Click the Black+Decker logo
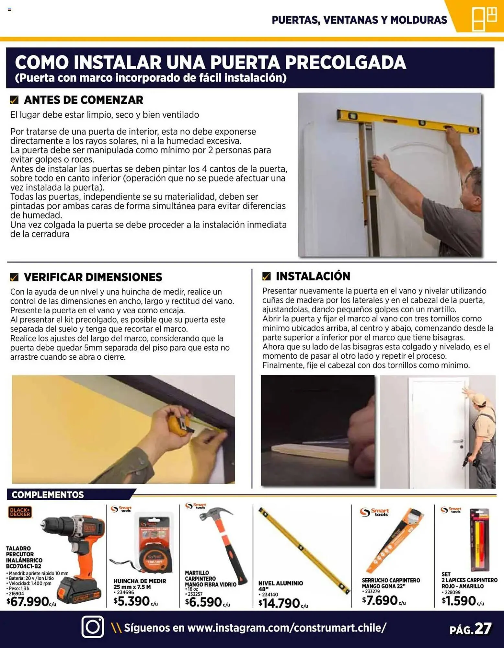[20, 512]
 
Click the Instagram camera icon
[93, 627]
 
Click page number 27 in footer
[483, 629]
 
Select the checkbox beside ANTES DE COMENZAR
[14, 100]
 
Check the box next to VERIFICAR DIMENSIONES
[14, 277]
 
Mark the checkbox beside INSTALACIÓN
[266, 276]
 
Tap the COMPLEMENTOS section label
[48, 495]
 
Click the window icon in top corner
[484, 18]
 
